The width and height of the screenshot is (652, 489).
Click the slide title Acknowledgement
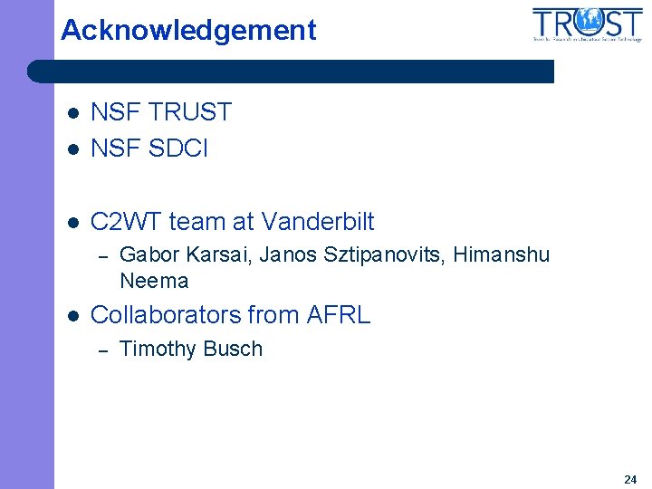188,31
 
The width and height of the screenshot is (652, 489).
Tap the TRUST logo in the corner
588,24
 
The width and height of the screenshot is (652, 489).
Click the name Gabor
146,255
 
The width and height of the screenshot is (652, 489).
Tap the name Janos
286,255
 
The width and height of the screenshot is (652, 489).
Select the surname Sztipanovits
381,255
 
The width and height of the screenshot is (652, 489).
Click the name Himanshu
502,255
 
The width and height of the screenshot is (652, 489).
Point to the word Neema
154,281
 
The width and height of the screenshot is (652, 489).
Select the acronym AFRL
338,315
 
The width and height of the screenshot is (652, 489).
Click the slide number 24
630,479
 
